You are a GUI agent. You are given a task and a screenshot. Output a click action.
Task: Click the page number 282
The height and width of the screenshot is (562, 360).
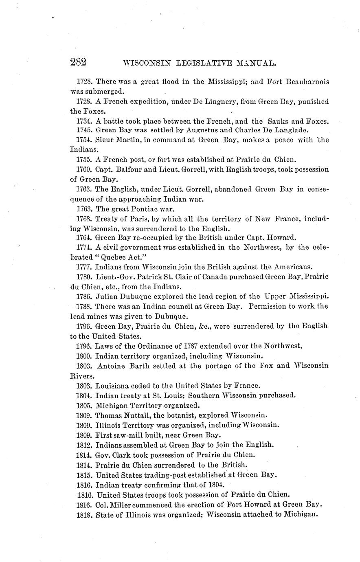pyautogui.click(x=78, y=62)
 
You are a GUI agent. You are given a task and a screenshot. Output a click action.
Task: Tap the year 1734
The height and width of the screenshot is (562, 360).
pyautogui.click(x=84, y=121)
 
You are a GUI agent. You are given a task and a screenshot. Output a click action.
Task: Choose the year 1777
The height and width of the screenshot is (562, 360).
pyautogui.click(x=84, y=267)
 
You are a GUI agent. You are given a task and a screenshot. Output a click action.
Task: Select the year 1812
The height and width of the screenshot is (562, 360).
pyautogui.click(x=84, y=445)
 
